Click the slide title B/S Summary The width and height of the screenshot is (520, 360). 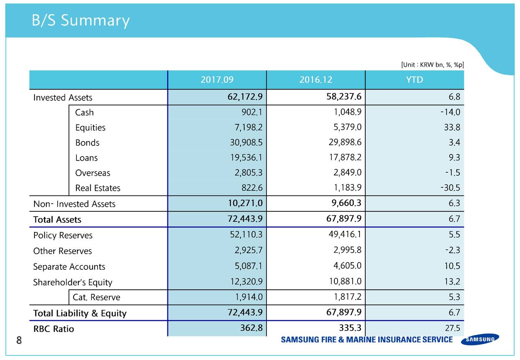80,20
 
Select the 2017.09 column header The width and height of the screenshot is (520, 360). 217,80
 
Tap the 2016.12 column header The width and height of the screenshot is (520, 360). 316,80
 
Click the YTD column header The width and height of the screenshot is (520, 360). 414,80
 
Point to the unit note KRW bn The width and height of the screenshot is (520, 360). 432,65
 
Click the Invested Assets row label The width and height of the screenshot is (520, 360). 63,98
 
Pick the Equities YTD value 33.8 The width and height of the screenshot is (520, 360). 452,128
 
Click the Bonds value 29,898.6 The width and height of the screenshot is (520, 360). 345,142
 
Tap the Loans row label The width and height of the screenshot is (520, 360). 86,158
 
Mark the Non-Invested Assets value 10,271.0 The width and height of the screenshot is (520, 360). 243,203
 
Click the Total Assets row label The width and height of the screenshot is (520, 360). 57,220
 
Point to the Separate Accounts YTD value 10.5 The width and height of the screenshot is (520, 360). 452,266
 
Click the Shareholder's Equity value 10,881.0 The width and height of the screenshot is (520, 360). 345,281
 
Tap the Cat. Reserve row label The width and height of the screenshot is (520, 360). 96,297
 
